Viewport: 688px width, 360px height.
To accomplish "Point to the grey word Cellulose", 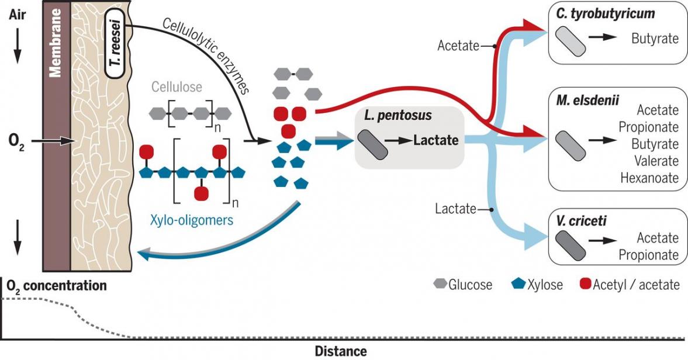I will pos(177,87).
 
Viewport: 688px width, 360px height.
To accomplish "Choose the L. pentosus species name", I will pos(397,116).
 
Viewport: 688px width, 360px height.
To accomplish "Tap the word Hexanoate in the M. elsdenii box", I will pos(649,178).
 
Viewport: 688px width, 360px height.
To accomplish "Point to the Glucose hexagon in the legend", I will pos(440,285).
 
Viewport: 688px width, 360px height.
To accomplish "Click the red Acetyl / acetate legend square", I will pos(585,285).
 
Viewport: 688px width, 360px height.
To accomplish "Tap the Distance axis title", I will pos(341,352).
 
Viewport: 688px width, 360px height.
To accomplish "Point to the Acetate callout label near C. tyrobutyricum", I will pos(458,46).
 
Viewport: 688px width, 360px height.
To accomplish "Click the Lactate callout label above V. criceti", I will pos(456,209).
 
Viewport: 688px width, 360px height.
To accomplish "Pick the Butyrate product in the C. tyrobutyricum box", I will pos(655,39).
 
